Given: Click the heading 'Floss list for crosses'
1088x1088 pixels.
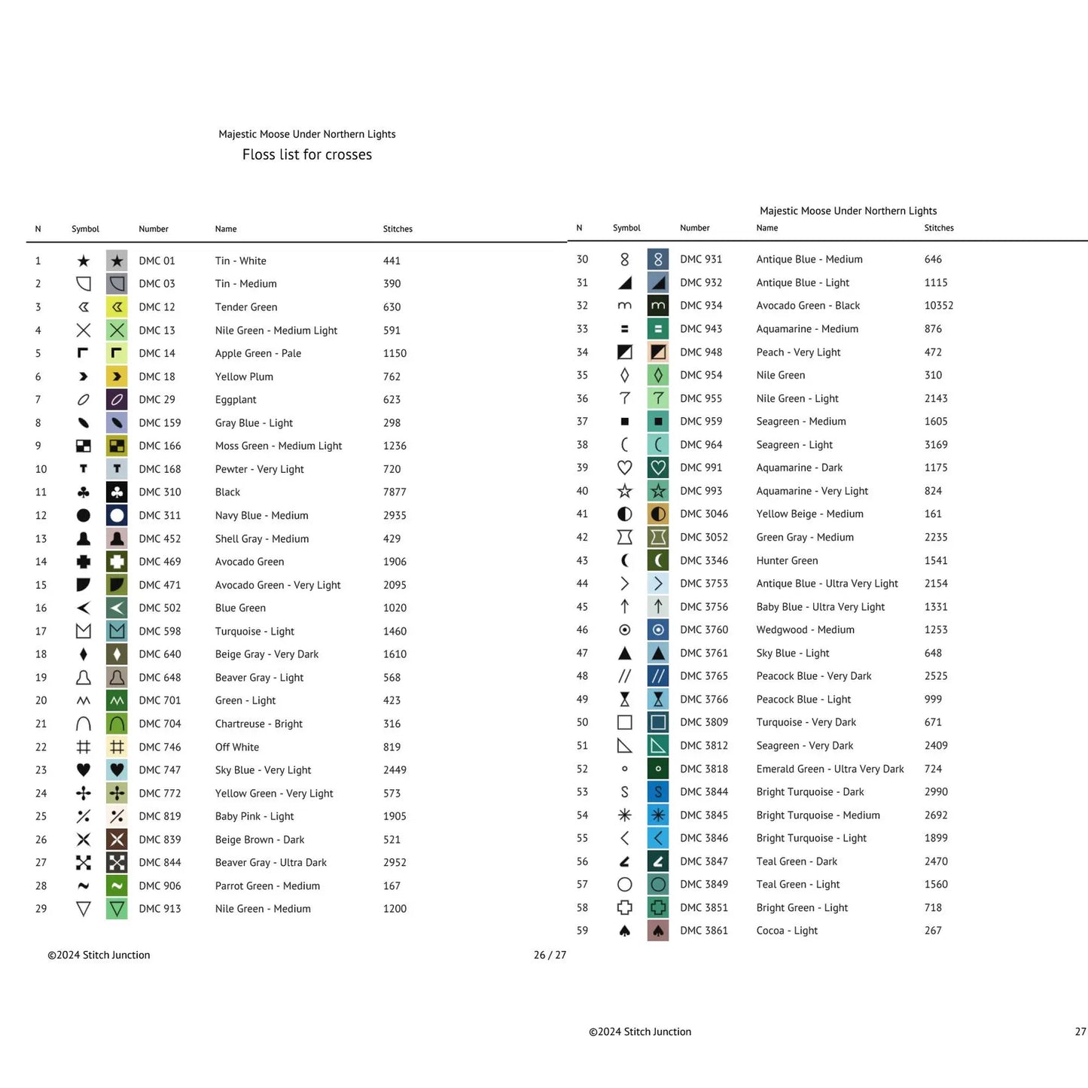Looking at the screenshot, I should click(307, 154).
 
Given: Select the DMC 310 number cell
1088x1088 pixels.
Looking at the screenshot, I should click(160, 492).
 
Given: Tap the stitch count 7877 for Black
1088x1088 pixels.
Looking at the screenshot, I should click(395, 492).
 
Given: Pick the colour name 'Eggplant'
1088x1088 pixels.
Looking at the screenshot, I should click(236, 400).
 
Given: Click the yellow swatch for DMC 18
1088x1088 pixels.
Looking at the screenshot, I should click(117, 376).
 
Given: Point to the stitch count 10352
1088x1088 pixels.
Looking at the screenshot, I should click(939, 306).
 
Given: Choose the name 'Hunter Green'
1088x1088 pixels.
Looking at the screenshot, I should click(787, 561).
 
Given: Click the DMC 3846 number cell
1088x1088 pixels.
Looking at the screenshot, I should click(704, 838).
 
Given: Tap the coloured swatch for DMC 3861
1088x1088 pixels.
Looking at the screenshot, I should click(658, 931).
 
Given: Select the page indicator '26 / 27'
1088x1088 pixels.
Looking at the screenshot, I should click(550, 955).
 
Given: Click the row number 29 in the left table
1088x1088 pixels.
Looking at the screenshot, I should click(41, 909).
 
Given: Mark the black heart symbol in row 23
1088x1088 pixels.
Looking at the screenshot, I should click(84, 770).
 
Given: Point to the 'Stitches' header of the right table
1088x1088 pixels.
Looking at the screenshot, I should click(939, 228).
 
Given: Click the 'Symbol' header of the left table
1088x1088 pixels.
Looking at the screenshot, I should click(85, 229).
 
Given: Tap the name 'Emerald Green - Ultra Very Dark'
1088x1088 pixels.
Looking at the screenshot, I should click(830, 769).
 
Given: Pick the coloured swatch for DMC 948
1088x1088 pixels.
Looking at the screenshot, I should click(658, 352).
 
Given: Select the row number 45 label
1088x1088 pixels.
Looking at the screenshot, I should click(582, 607).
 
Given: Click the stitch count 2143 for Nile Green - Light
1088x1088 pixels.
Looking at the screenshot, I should click(936, 398).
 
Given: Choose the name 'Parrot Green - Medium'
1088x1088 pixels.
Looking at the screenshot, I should click(267, 885).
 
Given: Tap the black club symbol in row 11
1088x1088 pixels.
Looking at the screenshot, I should click(84, 492).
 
